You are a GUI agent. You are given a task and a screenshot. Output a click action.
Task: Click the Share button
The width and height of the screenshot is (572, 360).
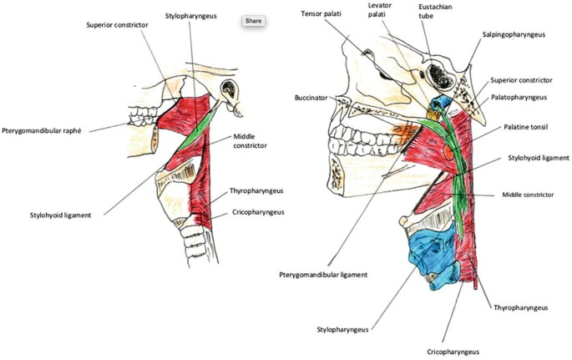click(254, 20)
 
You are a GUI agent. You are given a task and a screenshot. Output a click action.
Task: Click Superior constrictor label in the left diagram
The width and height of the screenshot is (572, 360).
click(117, 25)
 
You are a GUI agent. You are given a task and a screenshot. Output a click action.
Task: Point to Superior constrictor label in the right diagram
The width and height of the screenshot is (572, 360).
click(521, 80)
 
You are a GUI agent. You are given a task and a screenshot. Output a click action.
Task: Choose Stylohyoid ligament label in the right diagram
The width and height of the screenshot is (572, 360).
click(539, 157)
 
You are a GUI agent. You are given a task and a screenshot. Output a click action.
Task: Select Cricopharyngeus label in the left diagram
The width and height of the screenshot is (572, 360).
click(257, 212)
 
